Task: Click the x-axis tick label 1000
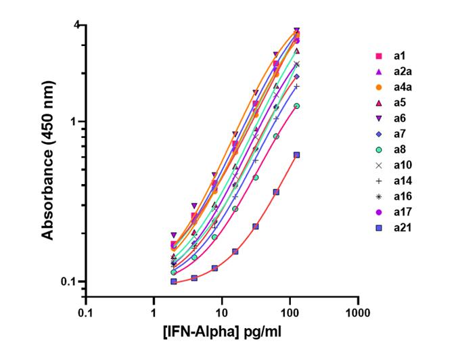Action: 357,313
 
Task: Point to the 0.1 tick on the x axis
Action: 85,313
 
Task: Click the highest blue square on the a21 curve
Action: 296,155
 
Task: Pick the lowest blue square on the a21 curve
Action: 174,282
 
